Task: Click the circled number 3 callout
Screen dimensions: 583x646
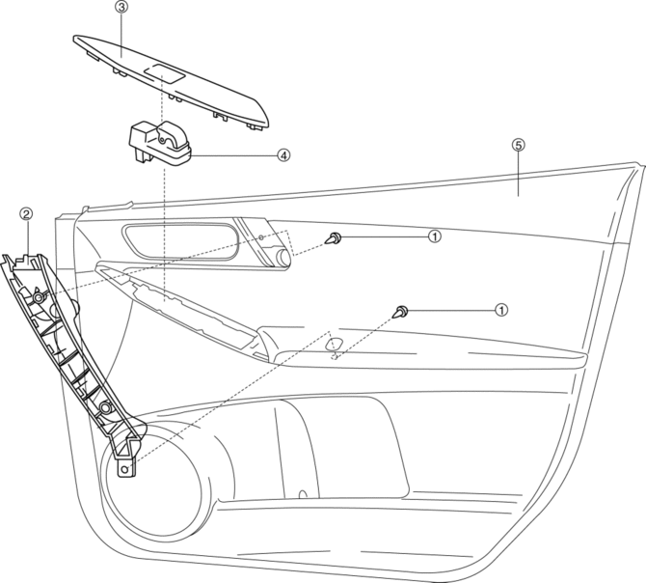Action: tap(121, 7)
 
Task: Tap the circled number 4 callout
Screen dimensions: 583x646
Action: tap(283, 153)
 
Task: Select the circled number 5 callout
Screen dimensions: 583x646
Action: tap(518, 145)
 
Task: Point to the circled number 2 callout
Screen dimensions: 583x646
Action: tap(26, 213)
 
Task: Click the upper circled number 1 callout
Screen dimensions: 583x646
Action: tap(435, 236)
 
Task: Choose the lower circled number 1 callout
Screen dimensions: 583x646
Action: tap(500, 310)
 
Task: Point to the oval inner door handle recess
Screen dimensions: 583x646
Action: tap(179, 240)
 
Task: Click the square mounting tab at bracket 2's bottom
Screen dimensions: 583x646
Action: tap(125, 467)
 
